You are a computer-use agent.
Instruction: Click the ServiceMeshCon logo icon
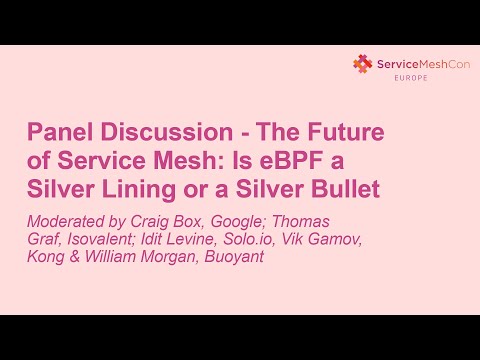(x=361, y=64)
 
